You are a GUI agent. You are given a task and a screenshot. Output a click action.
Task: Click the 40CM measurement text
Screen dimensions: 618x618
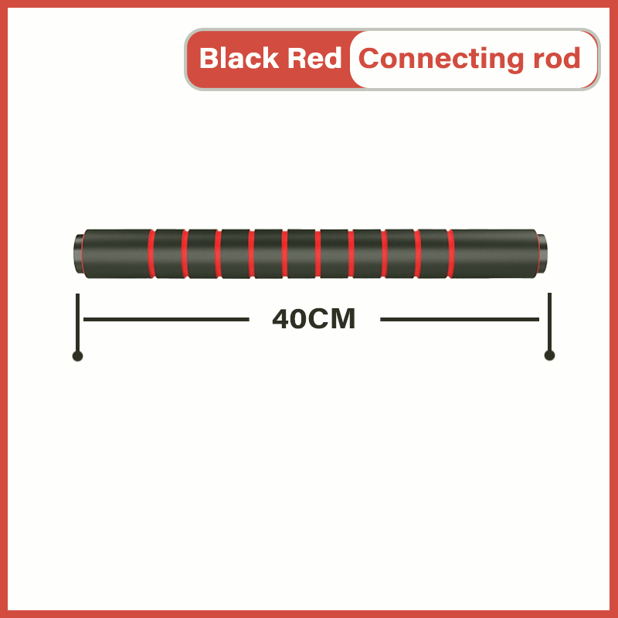click(314, 319)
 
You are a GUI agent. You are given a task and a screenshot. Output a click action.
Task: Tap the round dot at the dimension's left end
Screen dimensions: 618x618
click(77, 356)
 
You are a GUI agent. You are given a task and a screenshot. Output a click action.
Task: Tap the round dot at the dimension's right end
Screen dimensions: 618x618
click(549, 355)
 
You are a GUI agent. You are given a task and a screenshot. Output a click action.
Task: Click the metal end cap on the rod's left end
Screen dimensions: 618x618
click(79, 254)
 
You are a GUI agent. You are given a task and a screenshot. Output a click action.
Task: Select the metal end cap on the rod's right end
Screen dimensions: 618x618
click(542, 253)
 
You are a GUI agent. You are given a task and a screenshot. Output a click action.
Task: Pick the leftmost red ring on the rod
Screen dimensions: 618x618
click(152, 253)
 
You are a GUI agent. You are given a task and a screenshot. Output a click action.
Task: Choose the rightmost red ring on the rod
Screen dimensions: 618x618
click(450, 253)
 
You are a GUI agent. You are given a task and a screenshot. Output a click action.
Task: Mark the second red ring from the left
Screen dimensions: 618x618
click(185, 253)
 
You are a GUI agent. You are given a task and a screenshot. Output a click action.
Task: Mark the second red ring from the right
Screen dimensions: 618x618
click(417, 253)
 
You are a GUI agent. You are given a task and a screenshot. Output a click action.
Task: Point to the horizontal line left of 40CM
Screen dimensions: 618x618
click(166, 319)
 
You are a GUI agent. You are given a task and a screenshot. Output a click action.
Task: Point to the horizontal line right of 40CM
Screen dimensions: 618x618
click(460, 319)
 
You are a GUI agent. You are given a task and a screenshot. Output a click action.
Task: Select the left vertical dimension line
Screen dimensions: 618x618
click(77, 321)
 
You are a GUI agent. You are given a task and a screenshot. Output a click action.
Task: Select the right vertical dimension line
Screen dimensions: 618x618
click(549, 321)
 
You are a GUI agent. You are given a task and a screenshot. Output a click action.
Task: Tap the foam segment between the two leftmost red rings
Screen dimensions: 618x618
click(169, 253)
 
